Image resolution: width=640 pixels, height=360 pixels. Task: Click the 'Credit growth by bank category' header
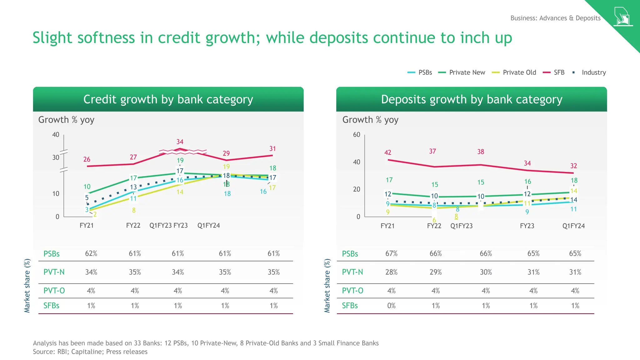tap(168, 99)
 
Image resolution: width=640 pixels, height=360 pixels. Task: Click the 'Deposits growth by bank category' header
tap(471, 99)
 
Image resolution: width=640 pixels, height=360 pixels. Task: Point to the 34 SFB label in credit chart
tap(180, 142)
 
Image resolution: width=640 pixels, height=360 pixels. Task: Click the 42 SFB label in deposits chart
tap(387, 152)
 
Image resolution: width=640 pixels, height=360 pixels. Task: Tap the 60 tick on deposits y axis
tap(357, 135)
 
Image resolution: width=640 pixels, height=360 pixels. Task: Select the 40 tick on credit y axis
tap(56, 135)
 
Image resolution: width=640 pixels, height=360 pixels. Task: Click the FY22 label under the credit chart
tap(133, 226)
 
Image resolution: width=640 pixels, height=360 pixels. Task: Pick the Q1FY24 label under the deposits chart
tap(573, 226)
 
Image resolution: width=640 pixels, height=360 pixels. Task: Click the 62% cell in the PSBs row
tap(91, 253)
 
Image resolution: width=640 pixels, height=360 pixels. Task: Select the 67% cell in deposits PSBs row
tap(391, 253)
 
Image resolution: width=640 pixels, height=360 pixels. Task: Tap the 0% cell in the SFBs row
tap(391, 306)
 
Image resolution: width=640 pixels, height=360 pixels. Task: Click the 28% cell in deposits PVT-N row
tap(391, 272)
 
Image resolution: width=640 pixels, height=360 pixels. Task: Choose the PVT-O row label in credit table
tap(54, 291)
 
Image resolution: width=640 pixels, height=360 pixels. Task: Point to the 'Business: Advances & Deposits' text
tap(555, 18)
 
